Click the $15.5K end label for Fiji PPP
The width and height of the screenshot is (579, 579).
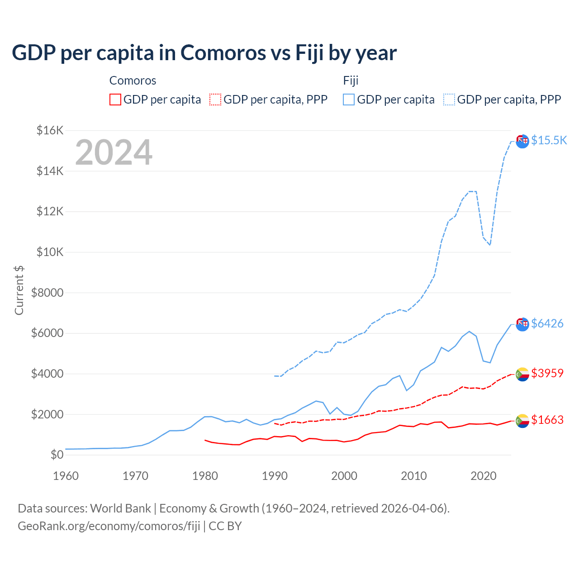coord(549,140)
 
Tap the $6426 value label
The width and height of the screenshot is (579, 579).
coord(547,323)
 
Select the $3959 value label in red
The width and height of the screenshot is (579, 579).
coord(547,373)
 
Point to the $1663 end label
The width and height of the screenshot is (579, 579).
coord(547,420)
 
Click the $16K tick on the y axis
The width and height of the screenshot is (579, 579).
coord(50,131)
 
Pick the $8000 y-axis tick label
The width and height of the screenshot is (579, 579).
coord(47,293)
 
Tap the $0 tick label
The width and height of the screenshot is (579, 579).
coord(57,455)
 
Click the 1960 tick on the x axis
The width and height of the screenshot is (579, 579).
coord(66,476)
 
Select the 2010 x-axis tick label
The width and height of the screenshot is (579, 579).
coord(414,476)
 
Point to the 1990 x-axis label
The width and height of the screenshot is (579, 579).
coord(275,476)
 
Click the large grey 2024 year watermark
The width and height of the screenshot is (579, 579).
coord(114,152)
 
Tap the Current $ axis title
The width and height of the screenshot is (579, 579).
coord(19,290)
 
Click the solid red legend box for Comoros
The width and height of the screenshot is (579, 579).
coord(115,100)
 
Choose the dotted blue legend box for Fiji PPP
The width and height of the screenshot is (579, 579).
coord(449,100)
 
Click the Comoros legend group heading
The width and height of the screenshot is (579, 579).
coord(133,81)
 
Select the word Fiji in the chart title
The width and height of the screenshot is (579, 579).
coord(309,52)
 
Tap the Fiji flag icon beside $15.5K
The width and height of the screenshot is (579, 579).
coord(522,141)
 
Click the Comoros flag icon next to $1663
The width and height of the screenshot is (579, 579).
coord(522,421)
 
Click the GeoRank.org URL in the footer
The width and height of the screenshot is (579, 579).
coord(109,526)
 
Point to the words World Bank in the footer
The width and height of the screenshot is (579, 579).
coord(120,508)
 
